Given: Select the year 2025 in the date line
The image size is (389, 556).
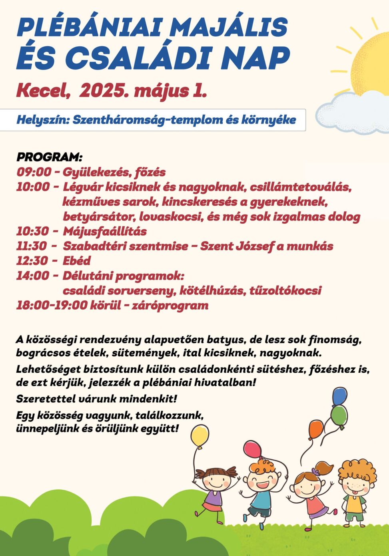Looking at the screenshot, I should click(x=102, y=91).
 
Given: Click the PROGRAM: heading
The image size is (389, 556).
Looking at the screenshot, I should click(x=49, y=157).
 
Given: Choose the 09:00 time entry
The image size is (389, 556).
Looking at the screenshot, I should click(x=34, y=172).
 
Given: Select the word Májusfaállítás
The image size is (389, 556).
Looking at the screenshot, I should click(x=104, y=231).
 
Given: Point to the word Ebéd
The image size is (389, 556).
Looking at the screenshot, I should click(x=76, y=261).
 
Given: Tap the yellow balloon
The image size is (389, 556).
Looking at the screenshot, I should click(x=200, y=436).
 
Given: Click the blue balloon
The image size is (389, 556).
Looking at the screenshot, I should click(x=339, y=396).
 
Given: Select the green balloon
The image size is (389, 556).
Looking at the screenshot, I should click(x=339, y=415).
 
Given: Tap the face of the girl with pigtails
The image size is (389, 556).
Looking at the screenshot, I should click(x=217, y=479).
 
